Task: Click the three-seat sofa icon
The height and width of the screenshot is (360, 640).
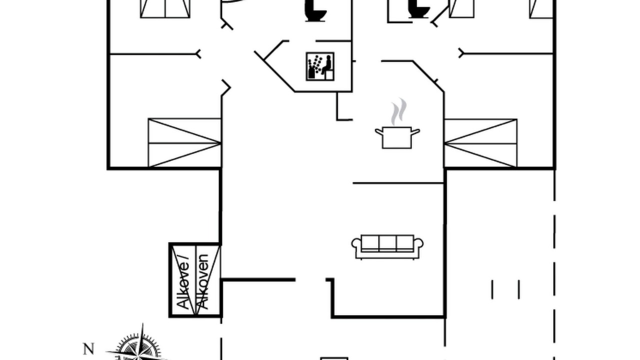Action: pos(387,247)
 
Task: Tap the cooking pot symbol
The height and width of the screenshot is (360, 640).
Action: pos(397,138)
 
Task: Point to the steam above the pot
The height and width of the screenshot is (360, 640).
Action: pos(399,111)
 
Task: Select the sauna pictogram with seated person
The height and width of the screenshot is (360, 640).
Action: pos(320,66)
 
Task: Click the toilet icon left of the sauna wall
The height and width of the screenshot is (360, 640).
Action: pos(315,11)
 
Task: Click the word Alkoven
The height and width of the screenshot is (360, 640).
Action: pos(203,281)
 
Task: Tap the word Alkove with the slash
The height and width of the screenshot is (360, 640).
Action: pos(183,281)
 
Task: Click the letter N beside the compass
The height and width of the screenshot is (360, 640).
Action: pos(88,349)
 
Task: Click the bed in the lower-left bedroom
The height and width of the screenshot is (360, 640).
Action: pos(184,142)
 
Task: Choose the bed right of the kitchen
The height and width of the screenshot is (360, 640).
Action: pos(480,143)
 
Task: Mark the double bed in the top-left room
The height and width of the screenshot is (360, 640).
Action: pos(165,9)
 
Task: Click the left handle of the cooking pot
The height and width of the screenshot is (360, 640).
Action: pos(379,132)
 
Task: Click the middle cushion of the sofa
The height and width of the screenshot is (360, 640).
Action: pos(387,243)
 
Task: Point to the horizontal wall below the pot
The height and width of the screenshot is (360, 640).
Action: pos(398,183)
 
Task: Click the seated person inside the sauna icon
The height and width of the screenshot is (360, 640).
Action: pos(327,65)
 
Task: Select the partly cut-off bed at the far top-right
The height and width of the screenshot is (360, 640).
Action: pos(541,9)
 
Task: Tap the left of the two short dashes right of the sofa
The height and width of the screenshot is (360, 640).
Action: pos(492,289)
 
